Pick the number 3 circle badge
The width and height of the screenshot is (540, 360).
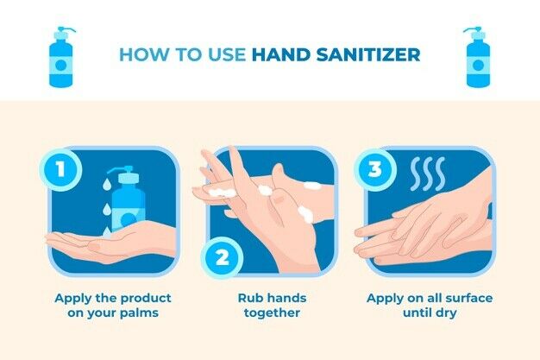pos(375,170)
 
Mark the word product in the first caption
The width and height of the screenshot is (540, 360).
pos(137,299)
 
